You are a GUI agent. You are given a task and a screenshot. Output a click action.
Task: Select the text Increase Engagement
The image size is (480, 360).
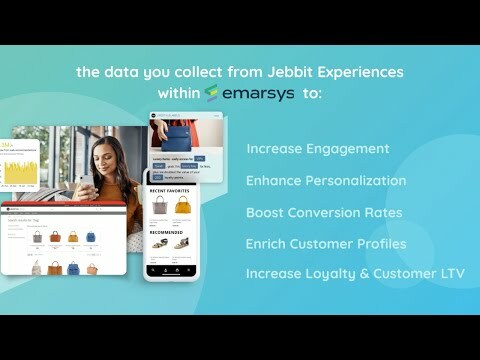click(317, 149)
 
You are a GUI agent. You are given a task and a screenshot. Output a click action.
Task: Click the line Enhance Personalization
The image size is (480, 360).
click(326, 181)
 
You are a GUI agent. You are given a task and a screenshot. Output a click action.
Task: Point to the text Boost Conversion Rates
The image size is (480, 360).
click(324, 213)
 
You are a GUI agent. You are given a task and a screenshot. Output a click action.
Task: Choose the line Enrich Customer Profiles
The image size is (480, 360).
click(325, 244)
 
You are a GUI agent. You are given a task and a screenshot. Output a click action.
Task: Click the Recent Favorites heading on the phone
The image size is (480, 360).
click(171, 189)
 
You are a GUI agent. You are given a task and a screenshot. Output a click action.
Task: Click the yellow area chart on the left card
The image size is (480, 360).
click(17, 173)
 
